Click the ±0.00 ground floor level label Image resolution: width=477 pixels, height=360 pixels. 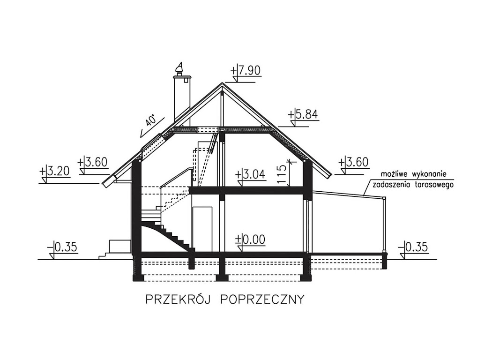click(x=250, y=240)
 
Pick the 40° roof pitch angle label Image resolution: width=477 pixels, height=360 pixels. click(x=149, y=120)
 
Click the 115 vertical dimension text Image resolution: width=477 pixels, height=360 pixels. click(x=282, y=175)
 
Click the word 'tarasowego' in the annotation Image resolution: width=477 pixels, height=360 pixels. click(x=434, y=185)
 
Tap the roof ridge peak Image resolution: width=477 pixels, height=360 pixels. click(x=222, y=84)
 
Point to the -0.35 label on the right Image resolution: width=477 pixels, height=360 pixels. click(x=416, y=247)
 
